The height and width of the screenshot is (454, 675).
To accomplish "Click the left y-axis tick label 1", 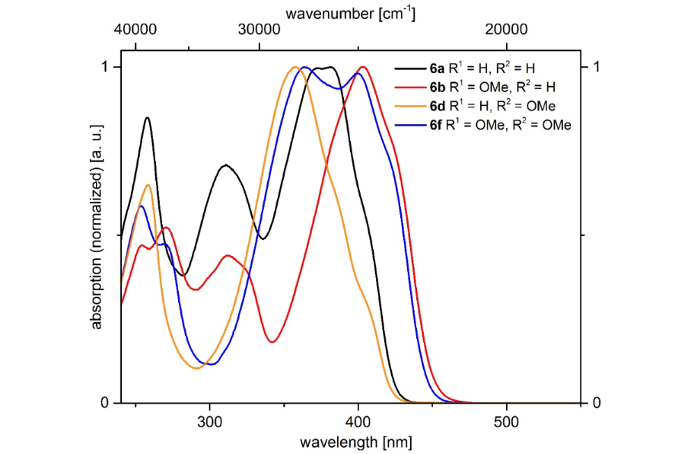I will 107,67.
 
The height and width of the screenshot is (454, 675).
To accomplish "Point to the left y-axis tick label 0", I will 107,402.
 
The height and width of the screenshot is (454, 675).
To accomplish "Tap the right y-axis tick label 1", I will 598,67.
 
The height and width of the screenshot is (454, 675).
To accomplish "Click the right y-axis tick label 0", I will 598,402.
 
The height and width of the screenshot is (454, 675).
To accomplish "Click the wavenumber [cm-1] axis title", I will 350,13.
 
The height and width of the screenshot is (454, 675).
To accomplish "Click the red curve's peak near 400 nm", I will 363,67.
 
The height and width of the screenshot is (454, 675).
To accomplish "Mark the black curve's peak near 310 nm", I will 225,165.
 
